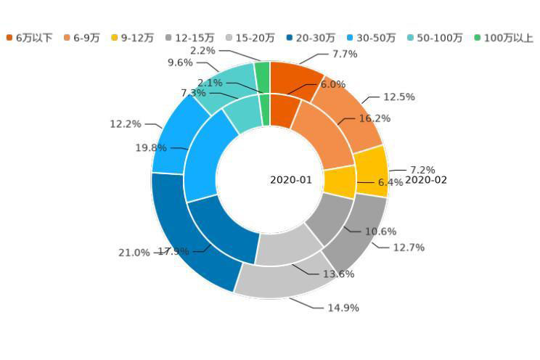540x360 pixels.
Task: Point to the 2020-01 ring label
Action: (291, 180)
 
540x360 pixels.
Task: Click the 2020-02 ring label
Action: (426, 180)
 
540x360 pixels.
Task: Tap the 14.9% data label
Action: (343, 308)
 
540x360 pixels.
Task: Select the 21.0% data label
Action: (134, 253)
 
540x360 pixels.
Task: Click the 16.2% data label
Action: (375, 118)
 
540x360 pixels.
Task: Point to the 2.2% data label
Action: (202, 51)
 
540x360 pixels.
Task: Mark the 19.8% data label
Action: (151, 148)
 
